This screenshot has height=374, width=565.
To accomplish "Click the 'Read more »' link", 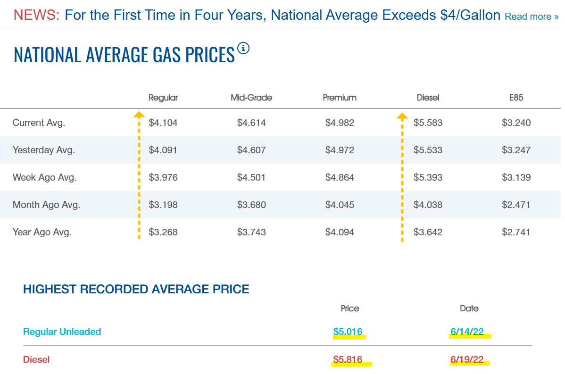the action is point(532,17).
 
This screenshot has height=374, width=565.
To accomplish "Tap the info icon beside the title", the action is point(243,48).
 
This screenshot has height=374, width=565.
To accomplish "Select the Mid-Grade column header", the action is point(251,98).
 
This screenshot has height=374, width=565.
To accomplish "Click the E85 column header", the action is point(516,98).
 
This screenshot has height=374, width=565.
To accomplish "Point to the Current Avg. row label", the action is point(39,123).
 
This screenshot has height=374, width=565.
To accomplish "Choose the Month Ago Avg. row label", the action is point(47,205).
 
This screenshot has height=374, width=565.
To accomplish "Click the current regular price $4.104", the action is point(163,123).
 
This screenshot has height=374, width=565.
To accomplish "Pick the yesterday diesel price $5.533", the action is point(428,150).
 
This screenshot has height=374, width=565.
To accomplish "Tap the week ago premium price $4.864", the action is point(340,178).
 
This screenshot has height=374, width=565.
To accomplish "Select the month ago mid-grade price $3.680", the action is point(251,205).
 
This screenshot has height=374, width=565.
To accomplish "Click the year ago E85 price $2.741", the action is point(516,233).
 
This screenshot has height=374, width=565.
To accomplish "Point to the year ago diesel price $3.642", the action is point(428,233).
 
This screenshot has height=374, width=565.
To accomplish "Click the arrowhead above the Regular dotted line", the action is point(139,115).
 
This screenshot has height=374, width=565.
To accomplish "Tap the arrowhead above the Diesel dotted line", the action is point(402,116).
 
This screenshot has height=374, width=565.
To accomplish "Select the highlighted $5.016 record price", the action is point(348,332).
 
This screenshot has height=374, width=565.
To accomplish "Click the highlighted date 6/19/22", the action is point(467,359).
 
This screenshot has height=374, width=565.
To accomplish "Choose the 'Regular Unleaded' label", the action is point(62,332).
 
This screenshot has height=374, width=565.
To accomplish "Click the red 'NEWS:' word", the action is point(36,15).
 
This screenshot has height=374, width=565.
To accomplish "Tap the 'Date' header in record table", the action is point(469,308).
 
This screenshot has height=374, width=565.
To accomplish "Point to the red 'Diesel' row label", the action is point(36,359).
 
